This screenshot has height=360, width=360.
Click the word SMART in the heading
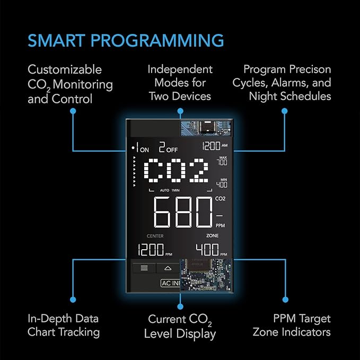click(x=57, y=41)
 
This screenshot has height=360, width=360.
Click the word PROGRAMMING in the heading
click(x=157, y=41)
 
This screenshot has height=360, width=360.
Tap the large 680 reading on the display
click(x=183, y=213)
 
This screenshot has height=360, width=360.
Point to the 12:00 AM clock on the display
click(x=215, y=146)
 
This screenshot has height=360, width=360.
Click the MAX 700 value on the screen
click(x=222, y=161)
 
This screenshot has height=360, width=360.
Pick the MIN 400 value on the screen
click(x=222, y=183)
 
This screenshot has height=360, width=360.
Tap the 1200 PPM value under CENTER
click(x=155, y=250)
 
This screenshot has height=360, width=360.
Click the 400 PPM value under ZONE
click(x=211, y=250)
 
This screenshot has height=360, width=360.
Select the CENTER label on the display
click(x=155, y=236)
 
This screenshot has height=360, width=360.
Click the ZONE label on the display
click(x=213, y=235)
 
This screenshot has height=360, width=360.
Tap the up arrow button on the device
click(x=168, y=268)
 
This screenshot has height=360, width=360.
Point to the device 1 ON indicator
click(x=141, y=147)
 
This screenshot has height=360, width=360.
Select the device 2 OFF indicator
click(x=168, y=147)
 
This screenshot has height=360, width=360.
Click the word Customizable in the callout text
click(x=65, y=69)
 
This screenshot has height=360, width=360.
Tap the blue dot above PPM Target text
click(x=285, y=300)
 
